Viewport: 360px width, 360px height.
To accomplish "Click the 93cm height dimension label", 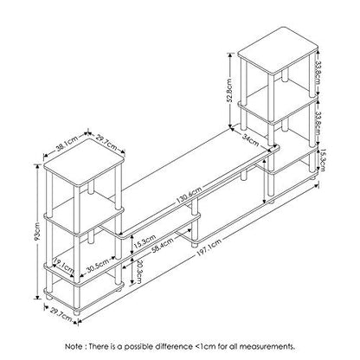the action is [38, 231].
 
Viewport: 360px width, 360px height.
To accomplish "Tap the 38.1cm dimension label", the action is [67, 144].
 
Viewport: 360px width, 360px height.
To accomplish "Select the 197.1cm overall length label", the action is [209, 247].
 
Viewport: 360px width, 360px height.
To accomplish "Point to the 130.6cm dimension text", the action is [189, 196].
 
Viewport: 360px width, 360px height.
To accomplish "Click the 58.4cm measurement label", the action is [163, 245].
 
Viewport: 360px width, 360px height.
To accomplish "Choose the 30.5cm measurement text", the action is [98, 266].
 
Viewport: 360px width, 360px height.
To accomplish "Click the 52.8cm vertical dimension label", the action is [229, 90].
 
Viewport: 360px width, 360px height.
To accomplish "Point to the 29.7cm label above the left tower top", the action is [106, 144].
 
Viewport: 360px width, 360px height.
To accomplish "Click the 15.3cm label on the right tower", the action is [322, 159].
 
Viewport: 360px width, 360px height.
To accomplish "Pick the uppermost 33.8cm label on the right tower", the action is [318, 73].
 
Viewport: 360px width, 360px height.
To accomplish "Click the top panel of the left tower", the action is [84, 162].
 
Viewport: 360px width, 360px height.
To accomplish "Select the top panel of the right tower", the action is [278, 50].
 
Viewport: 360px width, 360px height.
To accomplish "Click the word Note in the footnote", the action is [74, 346].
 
